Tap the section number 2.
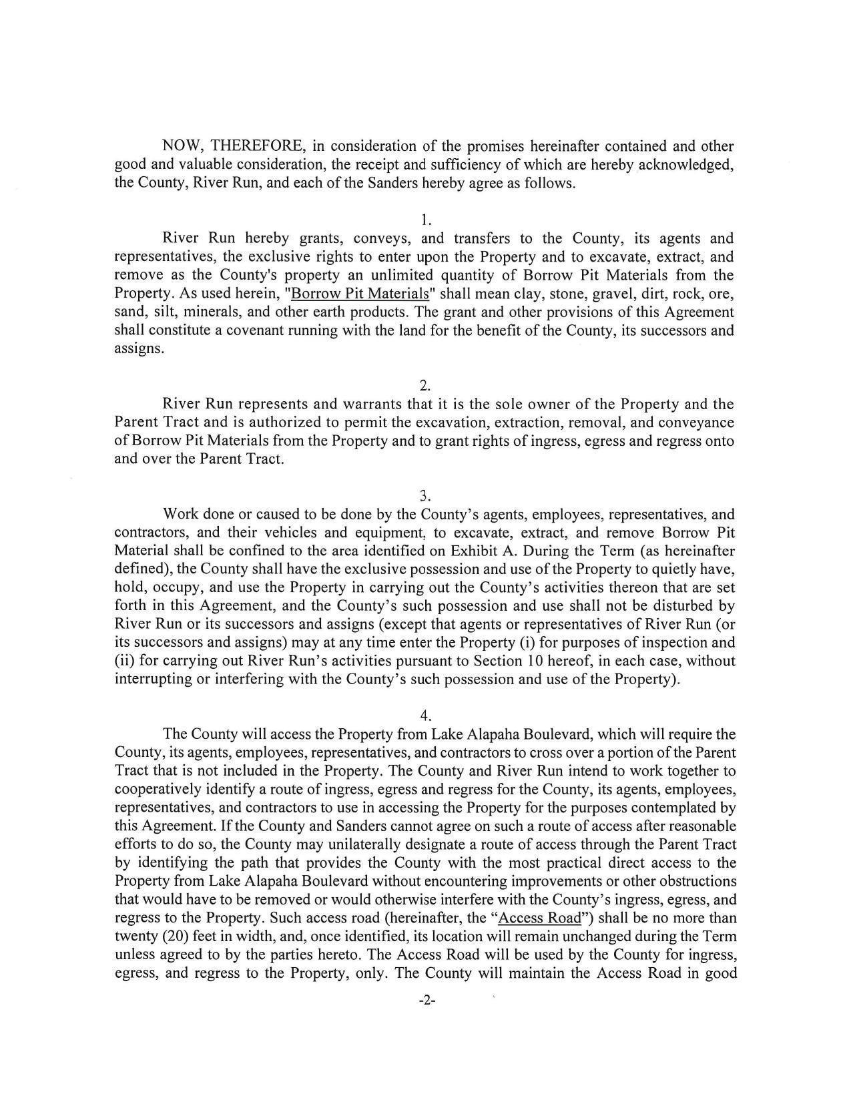(x=426, y=385)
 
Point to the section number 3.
(x=426, y=495)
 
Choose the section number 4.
(x=426, y=716)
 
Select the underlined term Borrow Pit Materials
(x=360, y=294)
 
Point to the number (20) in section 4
(x=176, y=936)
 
